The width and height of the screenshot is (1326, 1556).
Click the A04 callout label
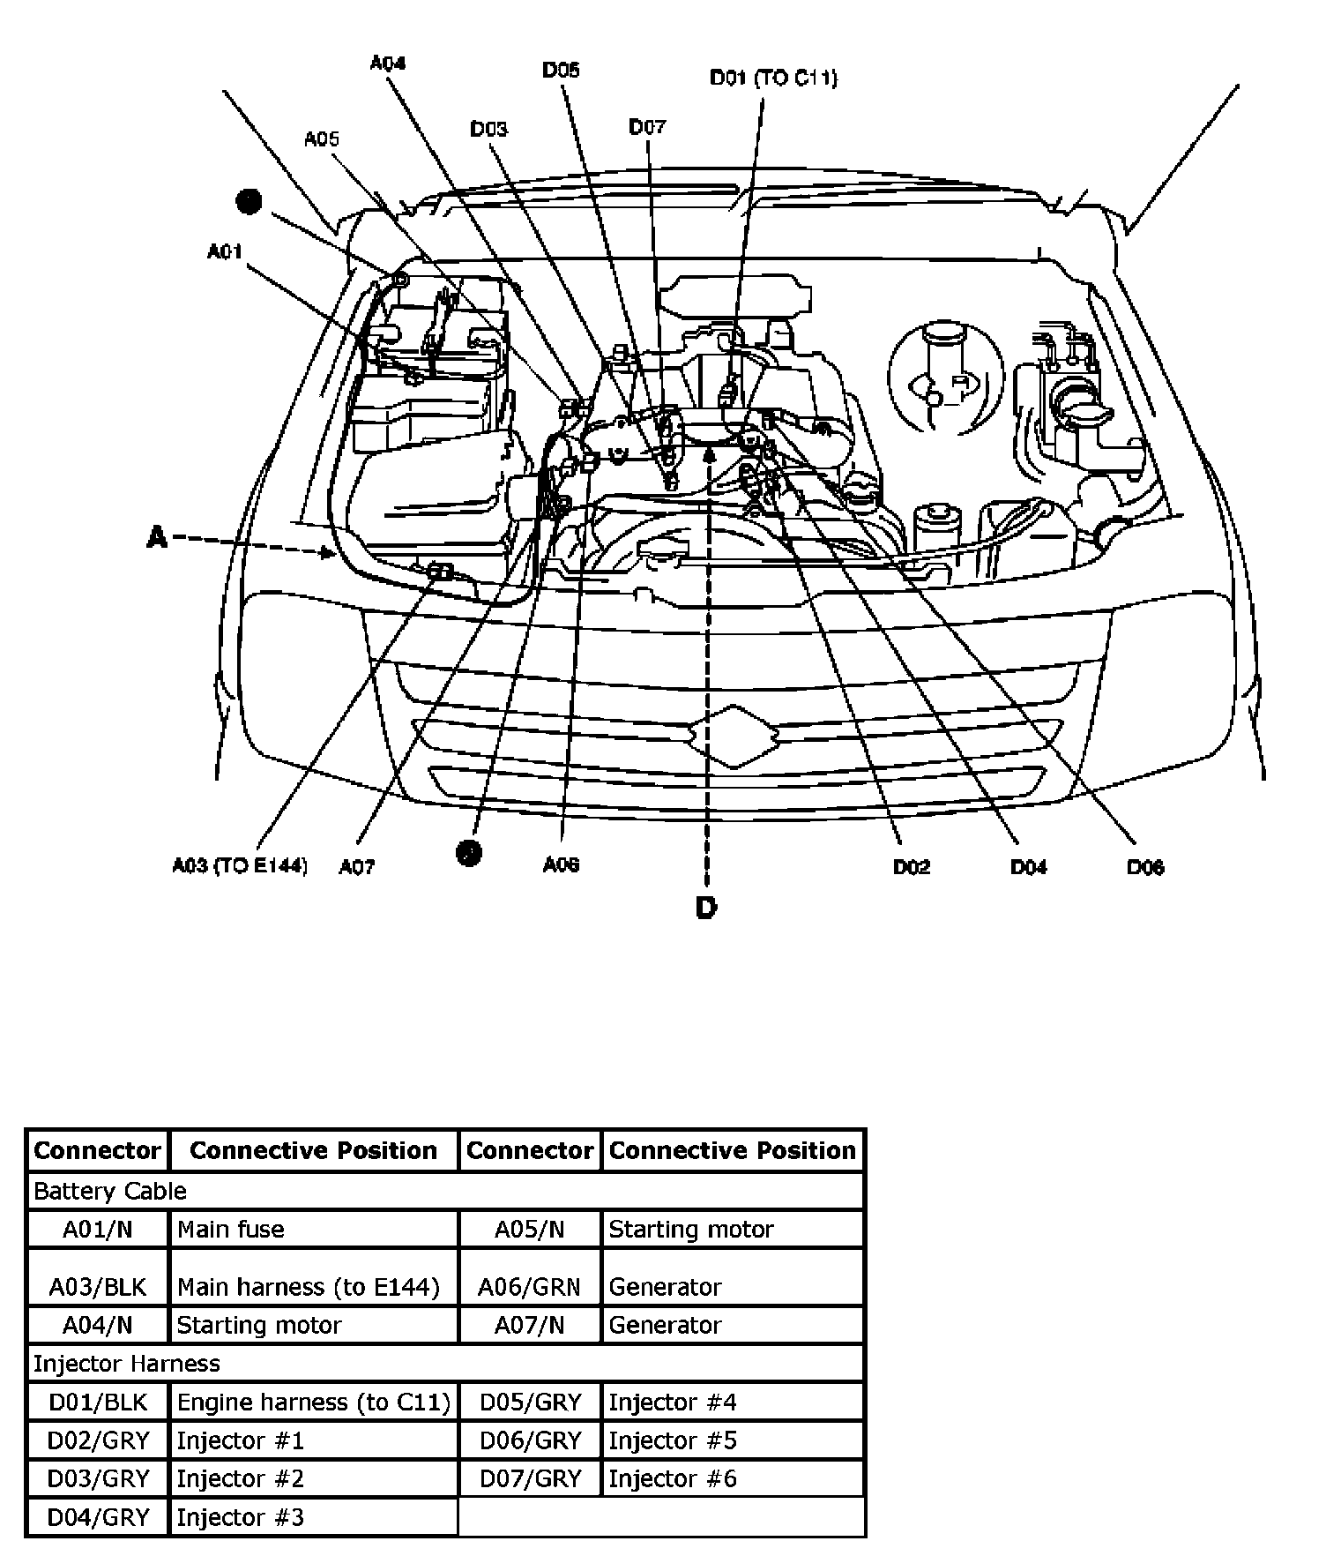click(x=387, y=64)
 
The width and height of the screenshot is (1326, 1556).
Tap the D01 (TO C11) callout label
click(x=773, y=78)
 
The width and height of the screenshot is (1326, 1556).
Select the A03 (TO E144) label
click(x=240, y=866)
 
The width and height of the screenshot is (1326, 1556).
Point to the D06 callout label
click(x=1145, y=867)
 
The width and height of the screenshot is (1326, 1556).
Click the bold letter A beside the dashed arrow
click(x=157, y=536)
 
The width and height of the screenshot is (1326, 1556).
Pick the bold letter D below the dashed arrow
click(x=706, y=908)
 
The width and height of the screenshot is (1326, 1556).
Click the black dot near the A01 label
click(x=250, y=202)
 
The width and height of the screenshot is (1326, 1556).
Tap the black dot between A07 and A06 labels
click(x=469, y=852)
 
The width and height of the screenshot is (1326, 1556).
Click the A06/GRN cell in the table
click(x=529, y=1287)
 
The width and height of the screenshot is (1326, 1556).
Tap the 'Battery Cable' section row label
click(x=109, y=1191)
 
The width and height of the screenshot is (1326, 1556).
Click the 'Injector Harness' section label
click(x=126, y=1364)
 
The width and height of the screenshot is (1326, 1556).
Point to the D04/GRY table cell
click(x=98, y=1517)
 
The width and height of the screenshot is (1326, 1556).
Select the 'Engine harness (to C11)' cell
click(x=313, y=1402)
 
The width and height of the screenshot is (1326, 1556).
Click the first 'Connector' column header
click(x=97, y=1150)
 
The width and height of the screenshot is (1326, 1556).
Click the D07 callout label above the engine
click(x=647, y=127)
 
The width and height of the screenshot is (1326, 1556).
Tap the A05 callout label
click(x=322, y=138)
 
